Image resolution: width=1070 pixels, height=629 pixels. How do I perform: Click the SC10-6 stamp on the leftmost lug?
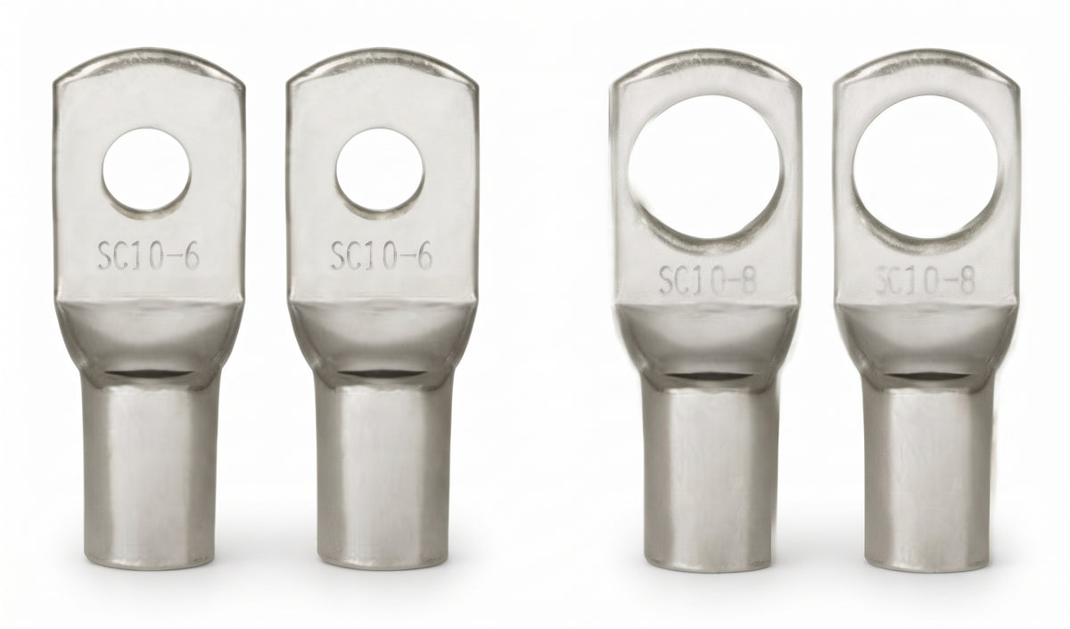pyautogui.click(x=149, y=256)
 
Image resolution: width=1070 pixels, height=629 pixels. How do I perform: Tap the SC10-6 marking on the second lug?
pyautogui.click(x=382, y=256)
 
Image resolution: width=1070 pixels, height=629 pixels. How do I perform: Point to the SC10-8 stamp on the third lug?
pyautogui.click(x=708, y=281)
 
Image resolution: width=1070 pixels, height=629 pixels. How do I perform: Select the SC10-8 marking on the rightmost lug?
pyautogui.click(x=925, y=281)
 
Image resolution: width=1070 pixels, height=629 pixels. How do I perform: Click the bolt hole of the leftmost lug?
pyautogui.click(x=146, y=170)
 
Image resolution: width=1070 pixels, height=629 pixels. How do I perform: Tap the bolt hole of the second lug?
pyautogui.click(x=380, y=170)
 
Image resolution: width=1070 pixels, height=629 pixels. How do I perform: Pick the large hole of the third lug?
pyautogui.click(x=704, y=167)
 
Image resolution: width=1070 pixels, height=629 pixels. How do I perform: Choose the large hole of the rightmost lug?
pyautogui.click(x=926, y=167)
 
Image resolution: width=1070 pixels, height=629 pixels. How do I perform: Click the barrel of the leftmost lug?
pyautogui.click(x=150, y=472)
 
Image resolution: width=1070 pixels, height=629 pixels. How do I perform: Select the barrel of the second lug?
pyautogui.click(x=383, y=472)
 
